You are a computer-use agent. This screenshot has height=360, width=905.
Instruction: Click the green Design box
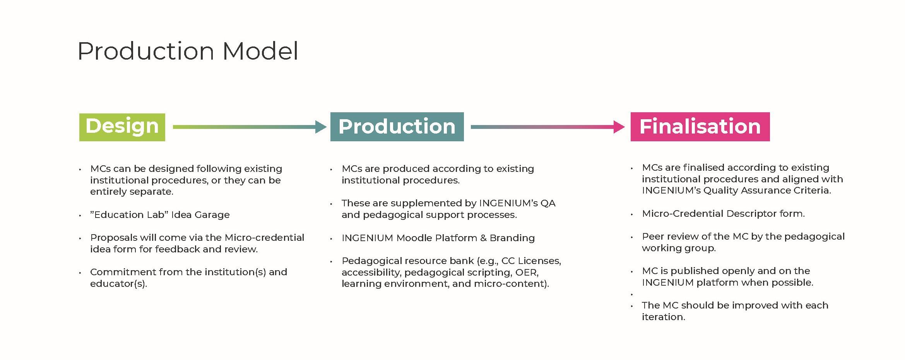[122, 127]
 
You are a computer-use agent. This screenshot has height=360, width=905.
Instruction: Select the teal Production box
[397, 127]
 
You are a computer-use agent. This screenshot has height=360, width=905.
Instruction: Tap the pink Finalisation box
[700, 127]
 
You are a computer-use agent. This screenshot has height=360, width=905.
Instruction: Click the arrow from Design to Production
[250, 127]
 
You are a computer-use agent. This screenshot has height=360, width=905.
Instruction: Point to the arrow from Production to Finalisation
[547, 127]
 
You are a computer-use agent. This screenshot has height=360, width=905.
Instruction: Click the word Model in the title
[260, 51]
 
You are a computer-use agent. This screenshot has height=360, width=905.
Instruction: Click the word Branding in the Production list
[512, 238]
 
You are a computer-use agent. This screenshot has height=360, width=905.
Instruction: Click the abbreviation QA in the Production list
[548, 203]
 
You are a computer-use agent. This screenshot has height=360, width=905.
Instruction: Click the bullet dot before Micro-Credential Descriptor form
[632, 215]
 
